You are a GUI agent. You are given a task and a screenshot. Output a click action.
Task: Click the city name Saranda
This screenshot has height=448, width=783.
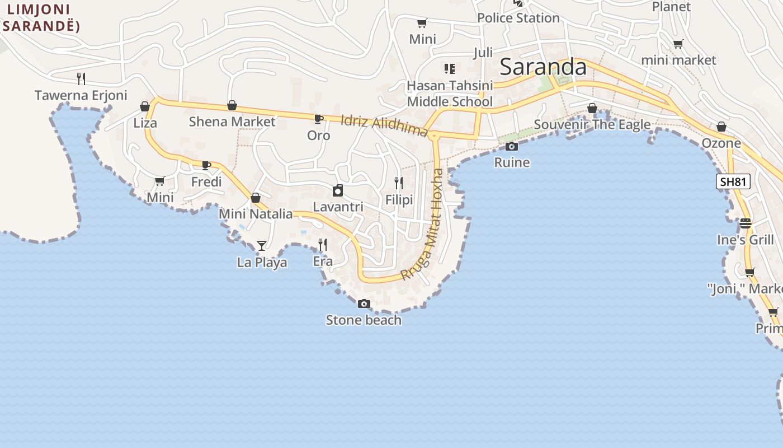click(x=543, y=67)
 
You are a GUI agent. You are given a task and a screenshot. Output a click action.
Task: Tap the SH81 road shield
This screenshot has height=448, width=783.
click(x=733, y=181)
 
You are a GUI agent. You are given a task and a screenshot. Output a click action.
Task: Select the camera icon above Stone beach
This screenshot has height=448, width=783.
click(x=364, y=304)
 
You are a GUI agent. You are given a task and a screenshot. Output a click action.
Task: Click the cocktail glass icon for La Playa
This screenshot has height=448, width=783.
click(x=261, y=245)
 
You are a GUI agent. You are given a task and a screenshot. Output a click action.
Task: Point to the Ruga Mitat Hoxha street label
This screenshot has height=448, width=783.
click(x=423, y=224)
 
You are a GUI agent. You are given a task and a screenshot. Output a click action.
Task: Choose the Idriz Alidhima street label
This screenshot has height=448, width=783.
click(x=384, y=125)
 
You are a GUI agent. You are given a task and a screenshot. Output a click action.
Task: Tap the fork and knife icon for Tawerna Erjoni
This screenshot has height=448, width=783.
click(x=81, y=78)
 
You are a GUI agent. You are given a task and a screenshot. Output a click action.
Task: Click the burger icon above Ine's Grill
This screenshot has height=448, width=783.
click(x=745, y=223)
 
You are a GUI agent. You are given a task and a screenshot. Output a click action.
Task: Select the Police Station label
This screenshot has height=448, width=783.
click(x=518, y=18)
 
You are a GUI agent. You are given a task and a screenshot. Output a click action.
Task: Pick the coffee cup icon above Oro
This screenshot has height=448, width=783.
click(x=318, y=119)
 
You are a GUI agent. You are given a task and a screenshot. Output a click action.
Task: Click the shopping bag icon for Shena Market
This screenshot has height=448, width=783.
click(x=232, y=105)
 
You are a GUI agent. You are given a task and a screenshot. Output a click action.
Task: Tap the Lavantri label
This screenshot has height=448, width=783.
click(x=338, y=207)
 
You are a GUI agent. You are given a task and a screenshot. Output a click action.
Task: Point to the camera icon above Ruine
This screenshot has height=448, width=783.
click(x=511, y=146)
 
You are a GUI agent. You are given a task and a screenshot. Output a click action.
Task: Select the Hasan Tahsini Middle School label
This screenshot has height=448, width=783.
click(x=450, y=94)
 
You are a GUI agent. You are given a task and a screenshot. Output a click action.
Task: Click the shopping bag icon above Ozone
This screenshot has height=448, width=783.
click(x=721, y=127)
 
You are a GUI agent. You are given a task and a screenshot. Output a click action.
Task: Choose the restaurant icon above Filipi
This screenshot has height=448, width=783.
click(x=399, y=183)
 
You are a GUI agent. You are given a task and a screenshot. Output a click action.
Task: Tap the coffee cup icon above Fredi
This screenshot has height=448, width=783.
click(x=206, y=165)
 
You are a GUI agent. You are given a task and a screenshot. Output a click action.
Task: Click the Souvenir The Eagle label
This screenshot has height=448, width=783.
click(x=592, y=124)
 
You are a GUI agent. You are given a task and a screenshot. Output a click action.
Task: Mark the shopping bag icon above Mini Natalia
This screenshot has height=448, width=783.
click(x=256, y=198)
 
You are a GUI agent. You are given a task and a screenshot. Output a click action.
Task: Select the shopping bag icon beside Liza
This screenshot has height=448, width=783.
click(x=145, y=106)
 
